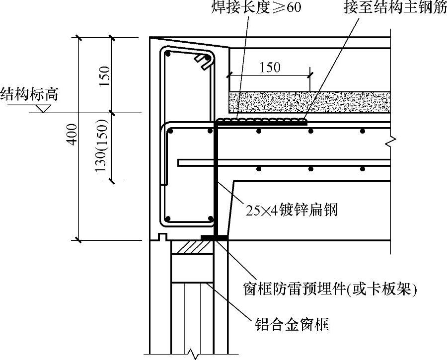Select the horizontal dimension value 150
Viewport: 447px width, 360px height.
tap(270, 68)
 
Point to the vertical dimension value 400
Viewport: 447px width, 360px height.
tap(74, 134)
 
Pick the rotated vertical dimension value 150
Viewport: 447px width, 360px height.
tap(104, 76)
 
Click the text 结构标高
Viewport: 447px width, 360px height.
tap(29, 94)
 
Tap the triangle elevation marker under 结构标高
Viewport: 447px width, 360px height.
tap(43, 108)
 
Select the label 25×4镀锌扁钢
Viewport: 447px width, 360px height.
tap(292, 210)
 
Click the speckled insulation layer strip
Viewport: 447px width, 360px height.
tap(308, 102)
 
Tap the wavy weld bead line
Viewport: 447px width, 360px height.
tap(261, 120)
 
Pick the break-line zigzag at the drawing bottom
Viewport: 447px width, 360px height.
tap(192, 354)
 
